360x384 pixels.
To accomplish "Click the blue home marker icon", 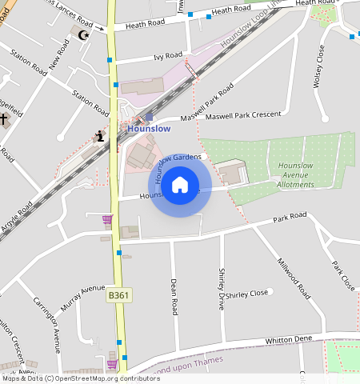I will click(180, 185).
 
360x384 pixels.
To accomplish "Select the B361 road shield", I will click(118, 296).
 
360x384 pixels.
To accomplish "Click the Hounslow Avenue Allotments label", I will click(295, 174).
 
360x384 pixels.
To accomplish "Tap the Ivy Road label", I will click(167, 56).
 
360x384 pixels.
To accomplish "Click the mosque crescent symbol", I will click(80, 34).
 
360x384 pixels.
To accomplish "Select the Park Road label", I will click(290, 217).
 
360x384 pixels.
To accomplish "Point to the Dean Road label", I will click(174, 296).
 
